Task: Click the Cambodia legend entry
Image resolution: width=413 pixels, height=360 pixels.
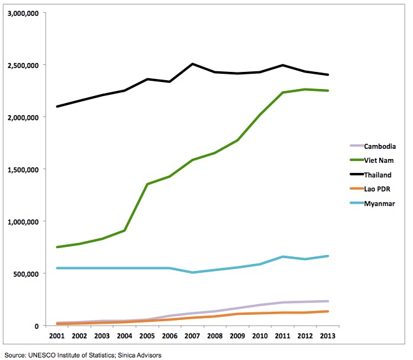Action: click(x=379, y=146)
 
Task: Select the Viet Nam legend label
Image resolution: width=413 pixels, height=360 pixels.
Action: click(x=379, y=160)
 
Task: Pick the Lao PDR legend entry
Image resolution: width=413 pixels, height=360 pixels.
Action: click(x=378, y=189)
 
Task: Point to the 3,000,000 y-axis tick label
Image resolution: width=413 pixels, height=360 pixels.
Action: click(x=24, y=13)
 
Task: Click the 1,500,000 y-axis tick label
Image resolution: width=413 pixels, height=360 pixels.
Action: click(x=24, y=170)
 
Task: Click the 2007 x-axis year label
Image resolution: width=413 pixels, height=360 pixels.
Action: click(x=193, y=335)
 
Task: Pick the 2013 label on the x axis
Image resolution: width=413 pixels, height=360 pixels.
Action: click(x=328, y=335)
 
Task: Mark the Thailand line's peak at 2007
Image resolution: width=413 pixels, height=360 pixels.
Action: click(x=193, y=64)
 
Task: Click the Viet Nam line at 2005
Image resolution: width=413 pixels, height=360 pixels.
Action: click(x=147, y=184)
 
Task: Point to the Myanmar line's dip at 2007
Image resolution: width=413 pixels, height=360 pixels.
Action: click(x=193, y=272)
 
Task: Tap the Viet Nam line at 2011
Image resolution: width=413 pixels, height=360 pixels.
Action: click(x=283, y=93)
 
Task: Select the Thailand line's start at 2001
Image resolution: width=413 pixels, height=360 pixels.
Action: click(x=57, y=106)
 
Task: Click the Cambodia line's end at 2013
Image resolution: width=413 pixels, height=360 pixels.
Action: click(x=328, y=301)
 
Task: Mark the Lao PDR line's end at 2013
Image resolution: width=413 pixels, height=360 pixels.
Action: click(x=328, y=311)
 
